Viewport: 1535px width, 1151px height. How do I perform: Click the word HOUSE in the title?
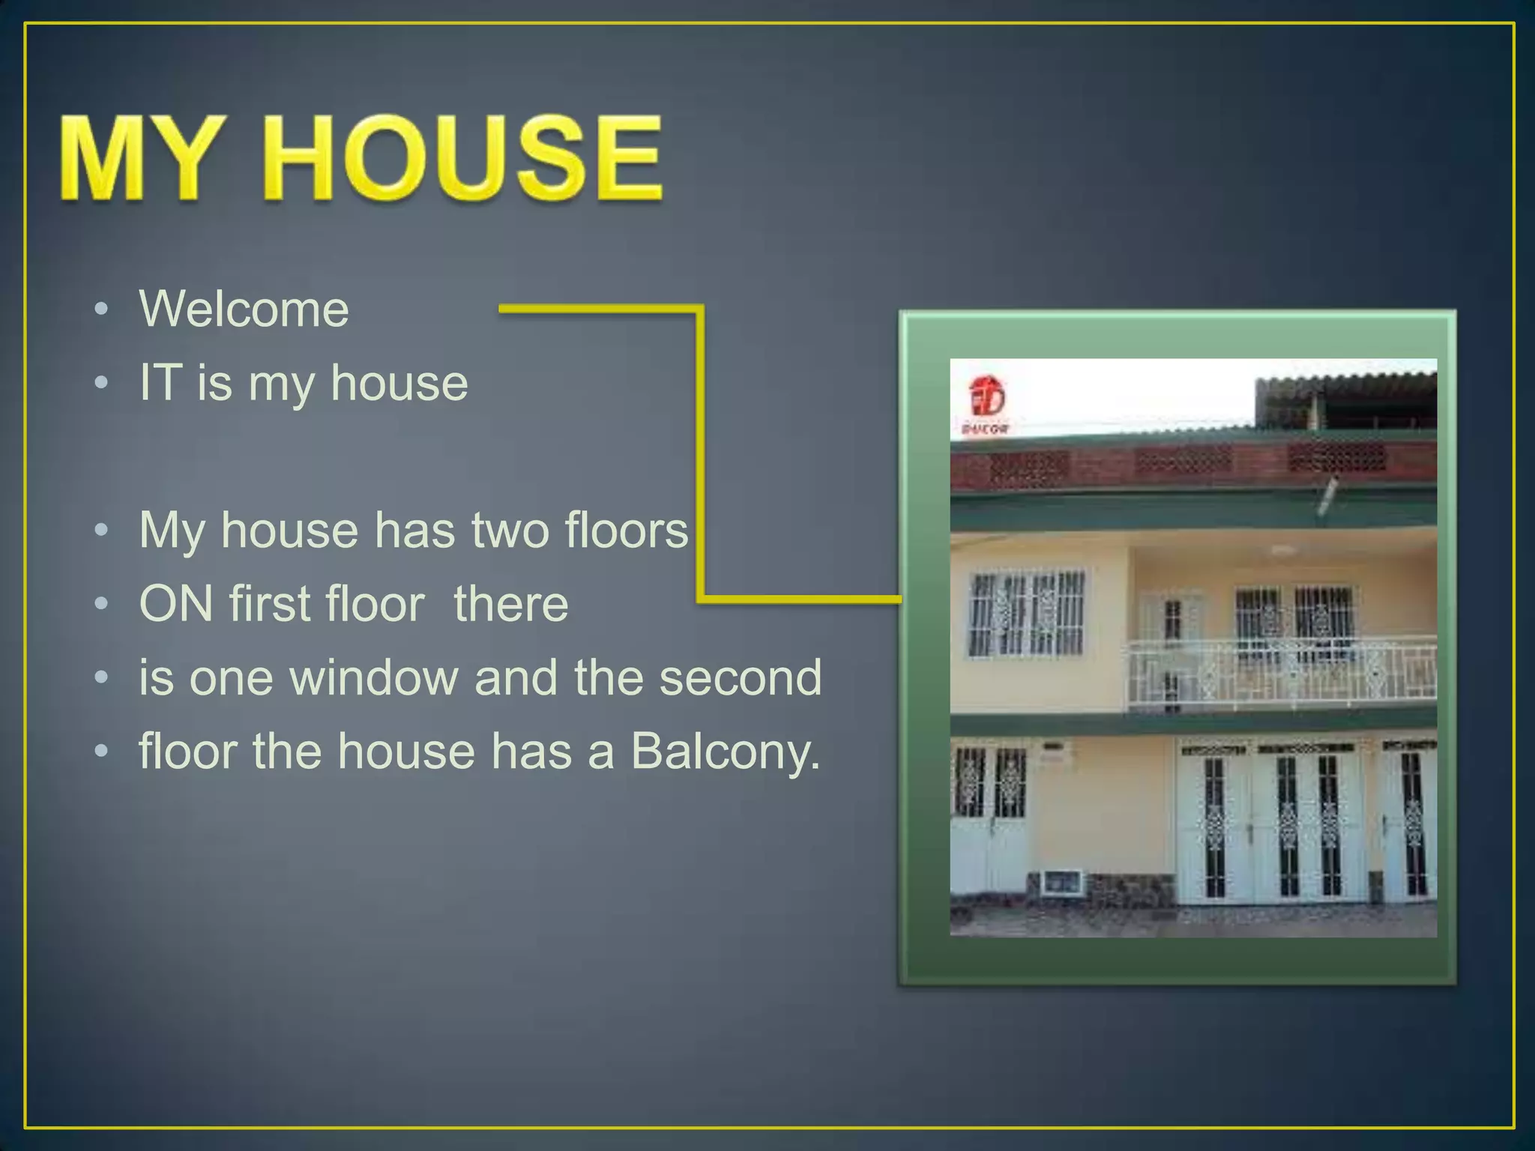(463, 159)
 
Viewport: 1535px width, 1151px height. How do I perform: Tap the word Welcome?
(244, 309)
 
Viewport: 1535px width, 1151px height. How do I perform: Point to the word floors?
(627, 530)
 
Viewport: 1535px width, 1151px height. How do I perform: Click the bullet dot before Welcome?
(103, 309)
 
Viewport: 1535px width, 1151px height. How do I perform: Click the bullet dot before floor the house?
(103, 751)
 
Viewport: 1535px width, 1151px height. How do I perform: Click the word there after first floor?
(511, 603)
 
